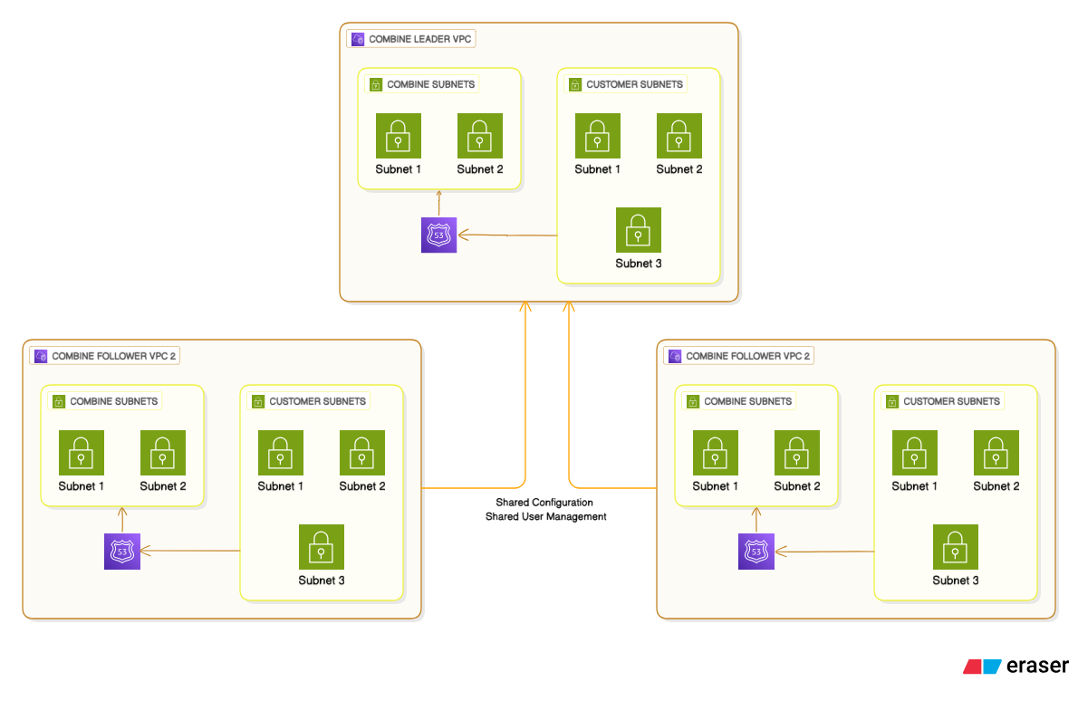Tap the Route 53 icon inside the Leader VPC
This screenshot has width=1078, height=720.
(x=439, y=235)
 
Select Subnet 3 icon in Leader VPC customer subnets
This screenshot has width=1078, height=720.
(x=639, y=230)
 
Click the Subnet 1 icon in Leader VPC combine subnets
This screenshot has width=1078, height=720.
(x=399, y=136)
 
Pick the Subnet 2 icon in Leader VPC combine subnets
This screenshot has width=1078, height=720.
(x=480, y=136)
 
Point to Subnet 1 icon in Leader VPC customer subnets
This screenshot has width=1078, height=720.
(x=598, y=136)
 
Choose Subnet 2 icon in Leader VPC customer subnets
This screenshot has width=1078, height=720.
(x=679, y=136)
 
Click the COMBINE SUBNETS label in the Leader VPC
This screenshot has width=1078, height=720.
(x=430, y=84)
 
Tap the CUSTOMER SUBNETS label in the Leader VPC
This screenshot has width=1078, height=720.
(x=634, y=84)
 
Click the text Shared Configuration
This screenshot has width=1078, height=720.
(x=544, y=502)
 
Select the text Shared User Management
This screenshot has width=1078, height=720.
(x=545, y=516)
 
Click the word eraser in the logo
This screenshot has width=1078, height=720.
(x=1037, y=666)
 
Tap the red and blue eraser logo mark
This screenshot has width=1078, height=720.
(x=982, y=666)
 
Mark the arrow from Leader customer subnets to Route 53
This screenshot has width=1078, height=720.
(x=507, y=235)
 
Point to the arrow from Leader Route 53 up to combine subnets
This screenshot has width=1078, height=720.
(x=439, y=204)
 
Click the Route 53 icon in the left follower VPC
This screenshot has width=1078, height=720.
(x=122, y=552)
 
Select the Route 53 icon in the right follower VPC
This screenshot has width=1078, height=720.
(x=756, y=552)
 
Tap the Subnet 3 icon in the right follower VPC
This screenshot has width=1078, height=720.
(x=956, y=547)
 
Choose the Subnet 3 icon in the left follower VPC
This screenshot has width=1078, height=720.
(x=322, y=547)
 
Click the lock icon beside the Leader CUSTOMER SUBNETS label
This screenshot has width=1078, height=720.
(x=574, y=84)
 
